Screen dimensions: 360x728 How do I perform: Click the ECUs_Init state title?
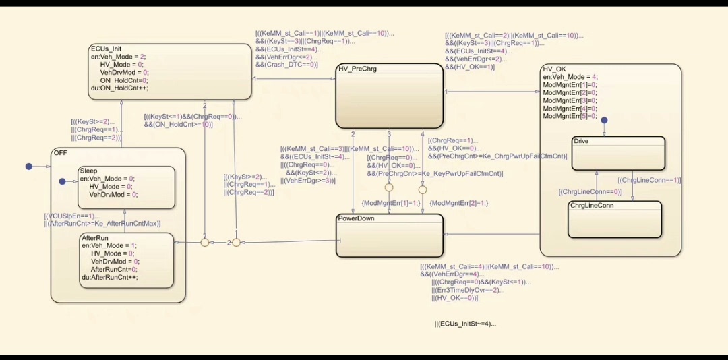click(x=106, y=49)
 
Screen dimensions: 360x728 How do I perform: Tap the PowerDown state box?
click(x=389, y=239)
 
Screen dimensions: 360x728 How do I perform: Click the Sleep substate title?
click(x=88, y=171)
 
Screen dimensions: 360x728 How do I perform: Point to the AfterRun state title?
click(x=95, y=238)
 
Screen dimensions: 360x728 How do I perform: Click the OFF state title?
click(x=60, y=153)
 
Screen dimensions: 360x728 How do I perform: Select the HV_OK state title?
click(x=554, y=69)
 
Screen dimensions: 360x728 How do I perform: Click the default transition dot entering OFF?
click(x=28, y=166)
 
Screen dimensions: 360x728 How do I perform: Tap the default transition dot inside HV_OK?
click(x=605, y=120)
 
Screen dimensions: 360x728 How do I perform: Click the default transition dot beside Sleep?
click(x=62, y=181)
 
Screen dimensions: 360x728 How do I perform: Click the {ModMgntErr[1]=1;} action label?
click(x=391, y=202)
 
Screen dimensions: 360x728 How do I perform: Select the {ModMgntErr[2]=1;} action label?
click(x=458, y=202)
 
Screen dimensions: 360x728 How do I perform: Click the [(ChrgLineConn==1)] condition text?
click(x=649, y=180)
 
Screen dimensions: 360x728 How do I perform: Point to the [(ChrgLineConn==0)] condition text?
click(x=590, y=191)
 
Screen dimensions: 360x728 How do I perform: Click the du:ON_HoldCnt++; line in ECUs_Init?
click(x=119, y=88)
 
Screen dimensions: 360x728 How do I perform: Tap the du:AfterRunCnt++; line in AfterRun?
click(x=110, y=277)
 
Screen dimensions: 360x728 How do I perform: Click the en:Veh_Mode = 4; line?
click(x=570, y=77)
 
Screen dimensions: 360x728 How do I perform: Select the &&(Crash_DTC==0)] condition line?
click(x=286, y=65)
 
